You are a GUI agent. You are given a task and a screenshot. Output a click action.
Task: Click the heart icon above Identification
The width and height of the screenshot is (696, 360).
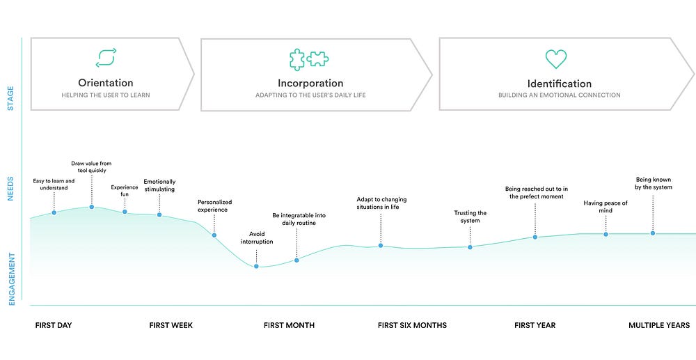point(555,59)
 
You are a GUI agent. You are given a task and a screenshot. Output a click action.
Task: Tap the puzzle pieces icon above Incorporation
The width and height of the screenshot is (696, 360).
point(309,59)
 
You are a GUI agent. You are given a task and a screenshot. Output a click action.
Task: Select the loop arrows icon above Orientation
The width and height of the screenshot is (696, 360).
point(106,58)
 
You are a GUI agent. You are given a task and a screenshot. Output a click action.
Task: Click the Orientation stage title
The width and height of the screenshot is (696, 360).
point(106,83)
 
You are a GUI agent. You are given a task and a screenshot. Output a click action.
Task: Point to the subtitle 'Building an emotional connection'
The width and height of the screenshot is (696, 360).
point(560,95)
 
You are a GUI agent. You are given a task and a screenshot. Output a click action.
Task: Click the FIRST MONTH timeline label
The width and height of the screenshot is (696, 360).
point(289,325)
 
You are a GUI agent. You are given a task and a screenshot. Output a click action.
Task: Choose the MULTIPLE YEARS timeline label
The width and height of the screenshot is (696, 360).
point(659,325)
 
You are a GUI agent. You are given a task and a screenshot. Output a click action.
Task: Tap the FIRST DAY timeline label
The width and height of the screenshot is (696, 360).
point(54,325)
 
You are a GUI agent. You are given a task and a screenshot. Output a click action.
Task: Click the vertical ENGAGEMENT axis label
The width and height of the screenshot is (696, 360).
point(12,279)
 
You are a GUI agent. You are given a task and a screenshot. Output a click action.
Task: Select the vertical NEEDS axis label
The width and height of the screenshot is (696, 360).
point(10,189)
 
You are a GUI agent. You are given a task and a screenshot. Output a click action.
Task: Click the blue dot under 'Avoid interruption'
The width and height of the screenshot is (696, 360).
point(256,266)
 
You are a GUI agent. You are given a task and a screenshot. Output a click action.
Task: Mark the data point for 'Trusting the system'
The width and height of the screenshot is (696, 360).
point(470,247)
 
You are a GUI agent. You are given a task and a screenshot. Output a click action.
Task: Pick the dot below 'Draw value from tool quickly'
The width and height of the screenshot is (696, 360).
point(91,207)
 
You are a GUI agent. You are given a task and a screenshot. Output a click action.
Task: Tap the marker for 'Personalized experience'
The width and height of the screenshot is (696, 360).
point(214,235)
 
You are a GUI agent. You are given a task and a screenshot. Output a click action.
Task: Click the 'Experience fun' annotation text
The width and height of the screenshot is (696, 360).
point(125,191)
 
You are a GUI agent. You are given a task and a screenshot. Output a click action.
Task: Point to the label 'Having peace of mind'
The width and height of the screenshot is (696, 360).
point(606,207)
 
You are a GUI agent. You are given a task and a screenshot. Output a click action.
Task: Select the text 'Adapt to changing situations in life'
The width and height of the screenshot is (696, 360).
point(381,203)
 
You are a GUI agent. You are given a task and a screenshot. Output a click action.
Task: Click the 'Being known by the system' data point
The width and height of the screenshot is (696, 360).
point(653,233)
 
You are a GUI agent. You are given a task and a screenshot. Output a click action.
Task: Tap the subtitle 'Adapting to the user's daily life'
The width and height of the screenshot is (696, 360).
point(310,95)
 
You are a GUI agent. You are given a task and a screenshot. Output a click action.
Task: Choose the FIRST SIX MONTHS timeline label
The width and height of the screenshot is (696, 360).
point(412,325)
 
